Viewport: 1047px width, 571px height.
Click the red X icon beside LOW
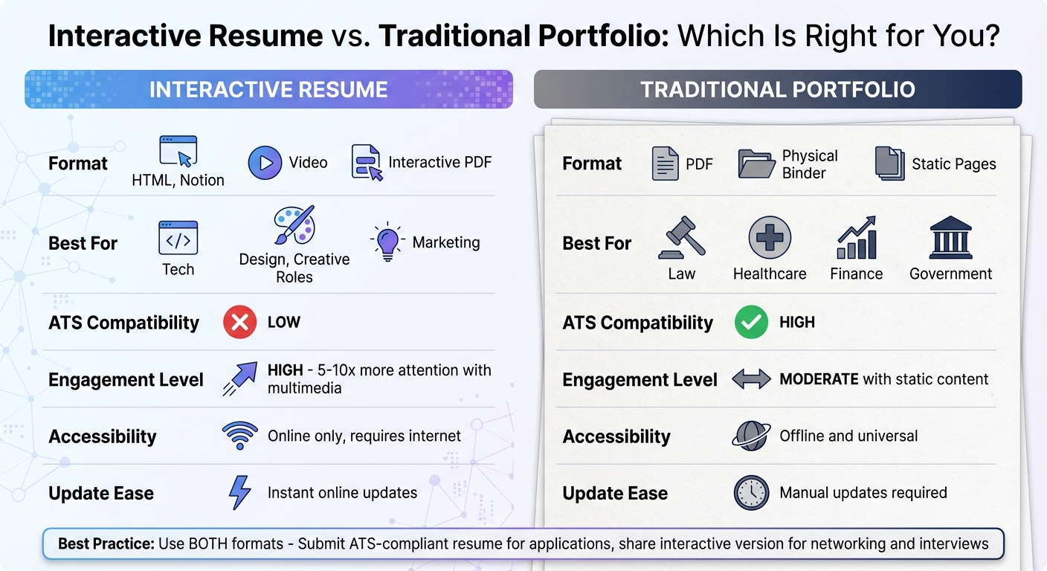point(239,323)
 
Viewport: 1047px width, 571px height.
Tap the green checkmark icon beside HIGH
point(751,323)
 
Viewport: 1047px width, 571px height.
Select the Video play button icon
point(265,163)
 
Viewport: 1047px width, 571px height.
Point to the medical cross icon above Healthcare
point(770,239)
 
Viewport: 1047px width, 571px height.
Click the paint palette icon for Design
point(294,225)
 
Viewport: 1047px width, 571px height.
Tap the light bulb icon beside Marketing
point(387,242)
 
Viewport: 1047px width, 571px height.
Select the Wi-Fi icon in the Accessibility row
point(239,436)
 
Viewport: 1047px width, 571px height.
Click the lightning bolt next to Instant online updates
point(239,492)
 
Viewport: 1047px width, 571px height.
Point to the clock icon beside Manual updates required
point(751,492)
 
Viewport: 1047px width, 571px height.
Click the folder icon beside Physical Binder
point(756,164)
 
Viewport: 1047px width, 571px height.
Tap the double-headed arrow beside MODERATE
point(751,379)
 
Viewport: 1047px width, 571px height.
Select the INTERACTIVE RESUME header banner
point(268,90)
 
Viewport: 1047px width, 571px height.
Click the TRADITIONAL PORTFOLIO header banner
point(778,90)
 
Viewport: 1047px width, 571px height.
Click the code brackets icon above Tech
point(178,238)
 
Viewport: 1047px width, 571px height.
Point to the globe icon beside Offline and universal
point(751,436)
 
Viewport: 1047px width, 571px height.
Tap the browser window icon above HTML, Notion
point(178,151)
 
